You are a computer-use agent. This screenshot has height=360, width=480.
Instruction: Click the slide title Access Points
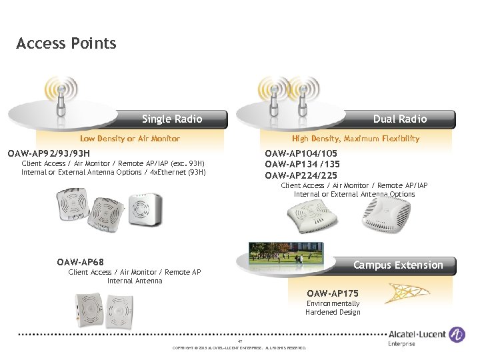66,44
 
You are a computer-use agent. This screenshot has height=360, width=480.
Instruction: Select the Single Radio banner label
172,119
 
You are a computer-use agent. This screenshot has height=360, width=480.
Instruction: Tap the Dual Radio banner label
400,119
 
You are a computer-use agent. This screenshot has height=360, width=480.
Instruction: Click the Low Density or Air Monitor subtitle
130,139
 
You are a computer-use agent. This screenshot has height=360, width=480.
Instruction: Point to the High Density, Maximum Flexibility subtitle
355,139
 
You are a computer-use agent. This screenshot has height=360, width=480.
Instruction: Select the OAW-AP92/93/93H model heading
48,153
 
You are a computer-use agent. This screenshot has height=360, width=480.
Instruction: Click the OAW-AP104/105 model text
301,153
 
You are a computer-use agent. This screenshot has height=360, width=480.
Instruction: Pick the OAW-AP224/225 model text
301,175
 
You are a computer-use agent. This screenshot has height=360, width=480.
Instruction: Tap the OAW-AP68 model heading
80,262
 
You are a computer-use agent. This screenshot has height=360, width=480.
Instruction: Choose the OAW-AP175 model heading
333,293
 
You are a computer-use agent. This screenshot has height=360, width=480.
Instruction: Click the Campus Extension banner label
398,265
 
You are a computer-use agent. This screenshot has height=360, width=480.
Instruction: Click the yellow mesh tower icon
408,294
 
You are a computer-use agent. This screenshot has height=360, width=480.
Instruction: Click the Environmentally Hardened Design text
333,308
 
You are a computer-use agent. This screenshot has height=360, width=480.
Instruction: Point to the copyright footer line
239,348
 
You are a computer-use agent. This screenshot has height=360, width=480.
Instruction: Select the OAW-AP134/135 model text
302,165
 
